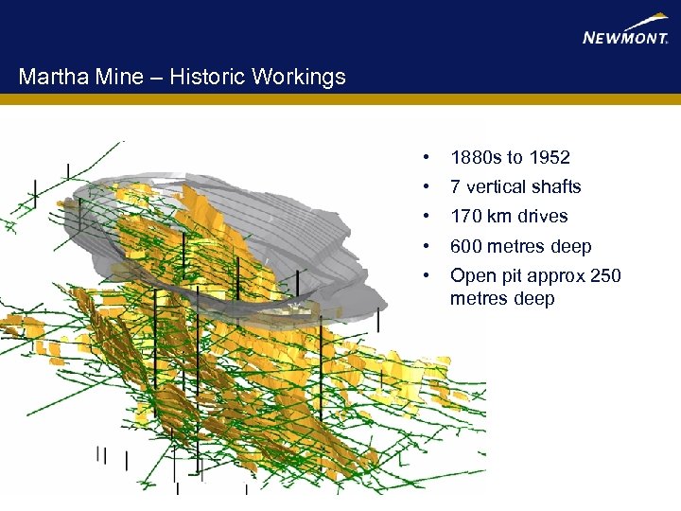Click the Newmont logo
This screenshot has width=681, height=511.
(625, 31)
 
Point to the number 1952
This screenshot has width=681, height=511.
(550, 157)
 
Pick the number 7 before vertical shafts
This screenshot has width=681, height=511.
(456, 186)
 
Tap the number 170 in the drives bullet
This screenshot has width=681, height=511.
(466, 216)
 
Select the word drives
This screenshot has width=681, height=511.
(542, 216)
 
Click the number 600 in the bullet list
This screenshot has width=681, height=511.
(467, 246)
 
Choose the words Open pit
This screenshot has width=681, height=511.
(486, 276)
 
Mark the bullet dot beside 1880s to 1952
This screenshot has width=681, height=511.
(428, 157)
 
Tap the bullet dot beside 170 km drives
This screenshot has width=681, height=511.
(428, 216)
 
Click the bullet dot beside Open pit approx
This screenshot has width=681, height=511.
(428, 275)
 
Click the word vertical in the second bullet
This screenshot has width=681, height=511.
(496, 186)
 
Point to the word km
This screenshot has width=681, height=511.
(499, 216)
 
